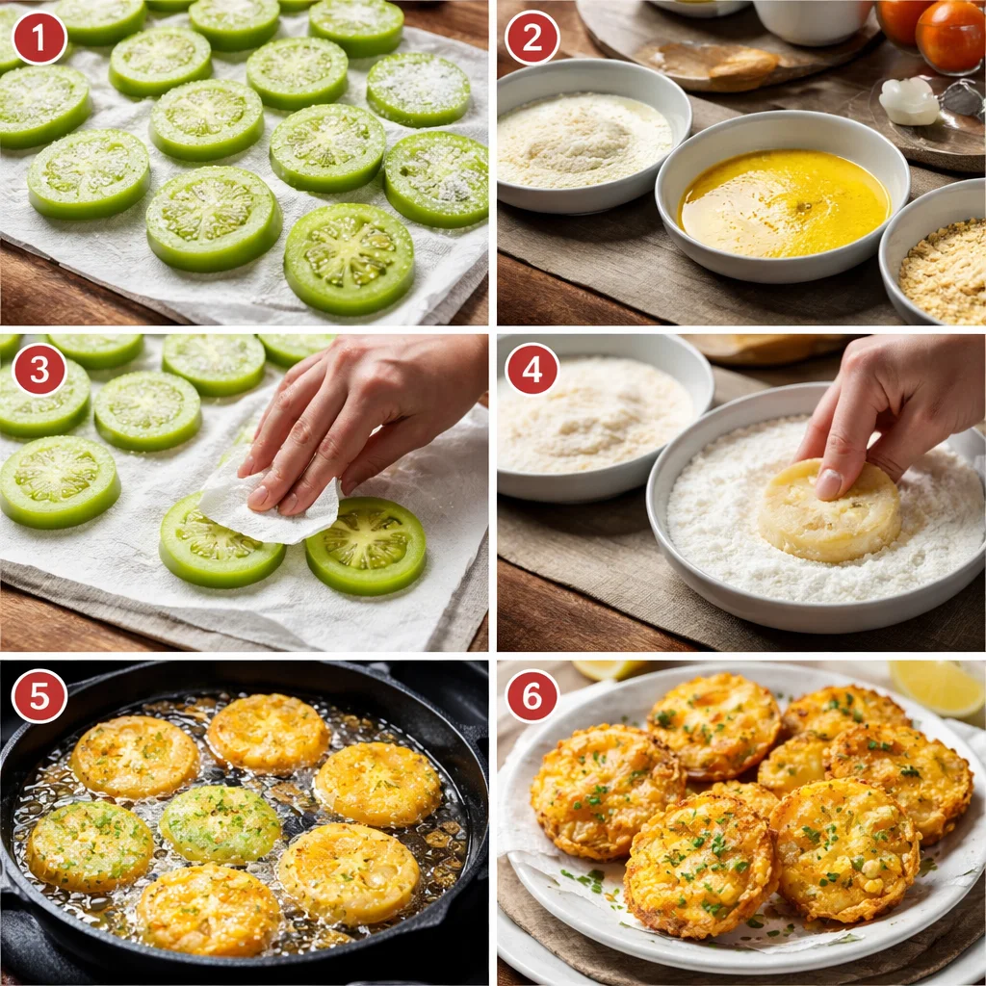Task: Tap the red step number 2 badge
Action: click(x=532, y=38)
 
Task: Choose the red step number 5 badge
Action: click(x=39, y=696)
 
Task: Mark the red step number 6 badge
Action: click(x=532, y=696)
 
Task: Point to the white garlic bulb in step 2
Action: click(x=908, y=101)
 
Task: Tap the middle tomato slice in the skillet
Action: click(x=220, y=823)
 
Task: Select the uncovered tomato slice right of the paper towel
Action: click(x=366, y=546)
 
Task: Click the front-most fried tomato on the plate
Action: click(x=698, y=864)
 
